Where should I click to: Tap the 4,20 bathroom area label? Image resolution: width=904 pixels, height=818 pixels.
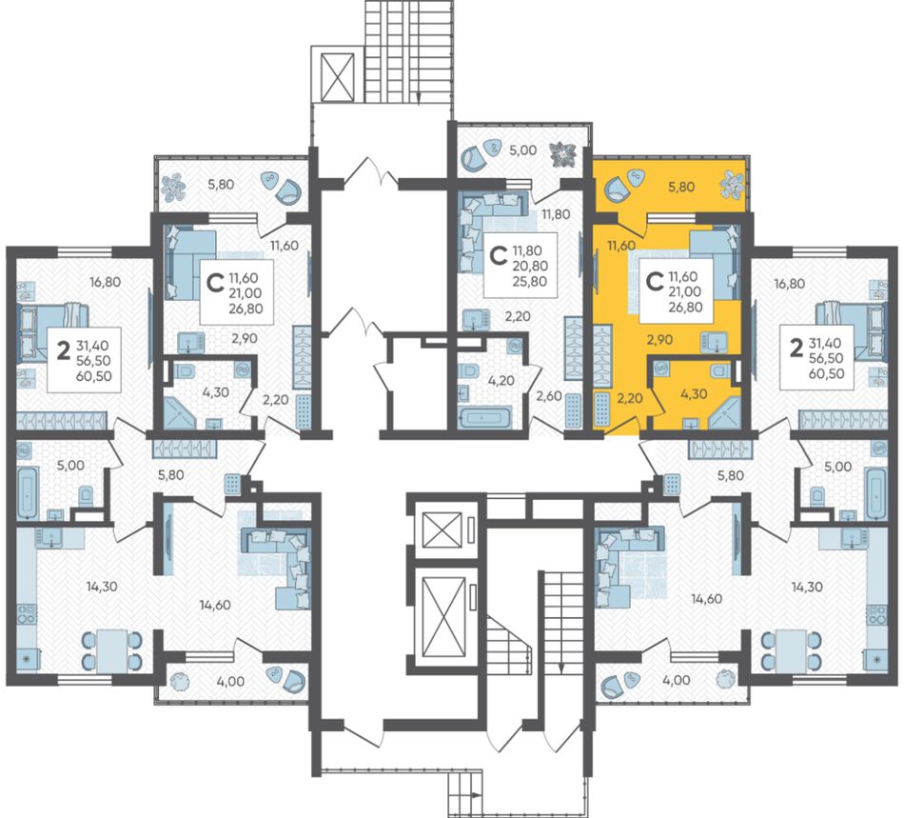501,381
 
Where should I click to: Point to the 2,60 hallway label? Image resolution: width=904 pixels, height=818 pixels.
548,396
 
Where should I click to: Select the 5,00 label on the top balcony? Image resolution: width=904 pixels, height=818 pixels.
523,150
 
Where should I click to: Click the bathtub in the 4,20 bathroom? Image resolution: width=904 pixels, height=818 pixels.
483,417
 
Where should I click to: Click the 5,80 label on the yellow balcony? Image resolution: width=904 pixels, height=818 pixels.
681,187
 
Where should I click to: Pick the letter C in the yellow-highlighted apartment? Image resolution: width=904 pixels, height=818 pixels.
655,282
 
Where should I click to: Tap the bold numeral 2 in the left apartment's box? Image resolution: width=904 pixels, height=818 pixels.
64,350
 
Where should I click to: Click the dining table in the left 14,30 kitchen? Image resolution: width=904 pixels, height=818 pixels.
112,649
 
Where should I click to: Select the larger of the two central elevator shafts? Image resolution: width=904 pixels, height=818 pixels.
443,617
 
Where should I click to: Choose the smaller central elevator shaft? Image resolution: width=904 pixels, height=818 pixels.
442,529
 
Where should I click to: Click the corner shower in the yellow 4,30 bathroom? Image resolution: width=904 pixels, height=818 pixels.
724,412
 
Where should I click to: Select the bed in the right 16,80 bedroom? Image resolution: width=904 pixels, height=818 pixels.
849,330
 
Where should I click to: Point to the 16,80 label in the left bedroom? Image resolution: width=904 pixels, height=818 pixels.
105,282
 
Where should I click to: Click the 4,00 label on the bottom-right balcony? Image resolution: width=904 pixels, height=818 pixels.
677,680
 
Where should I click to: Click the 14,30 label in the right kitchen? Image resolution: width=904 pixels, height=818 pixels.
807,588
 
